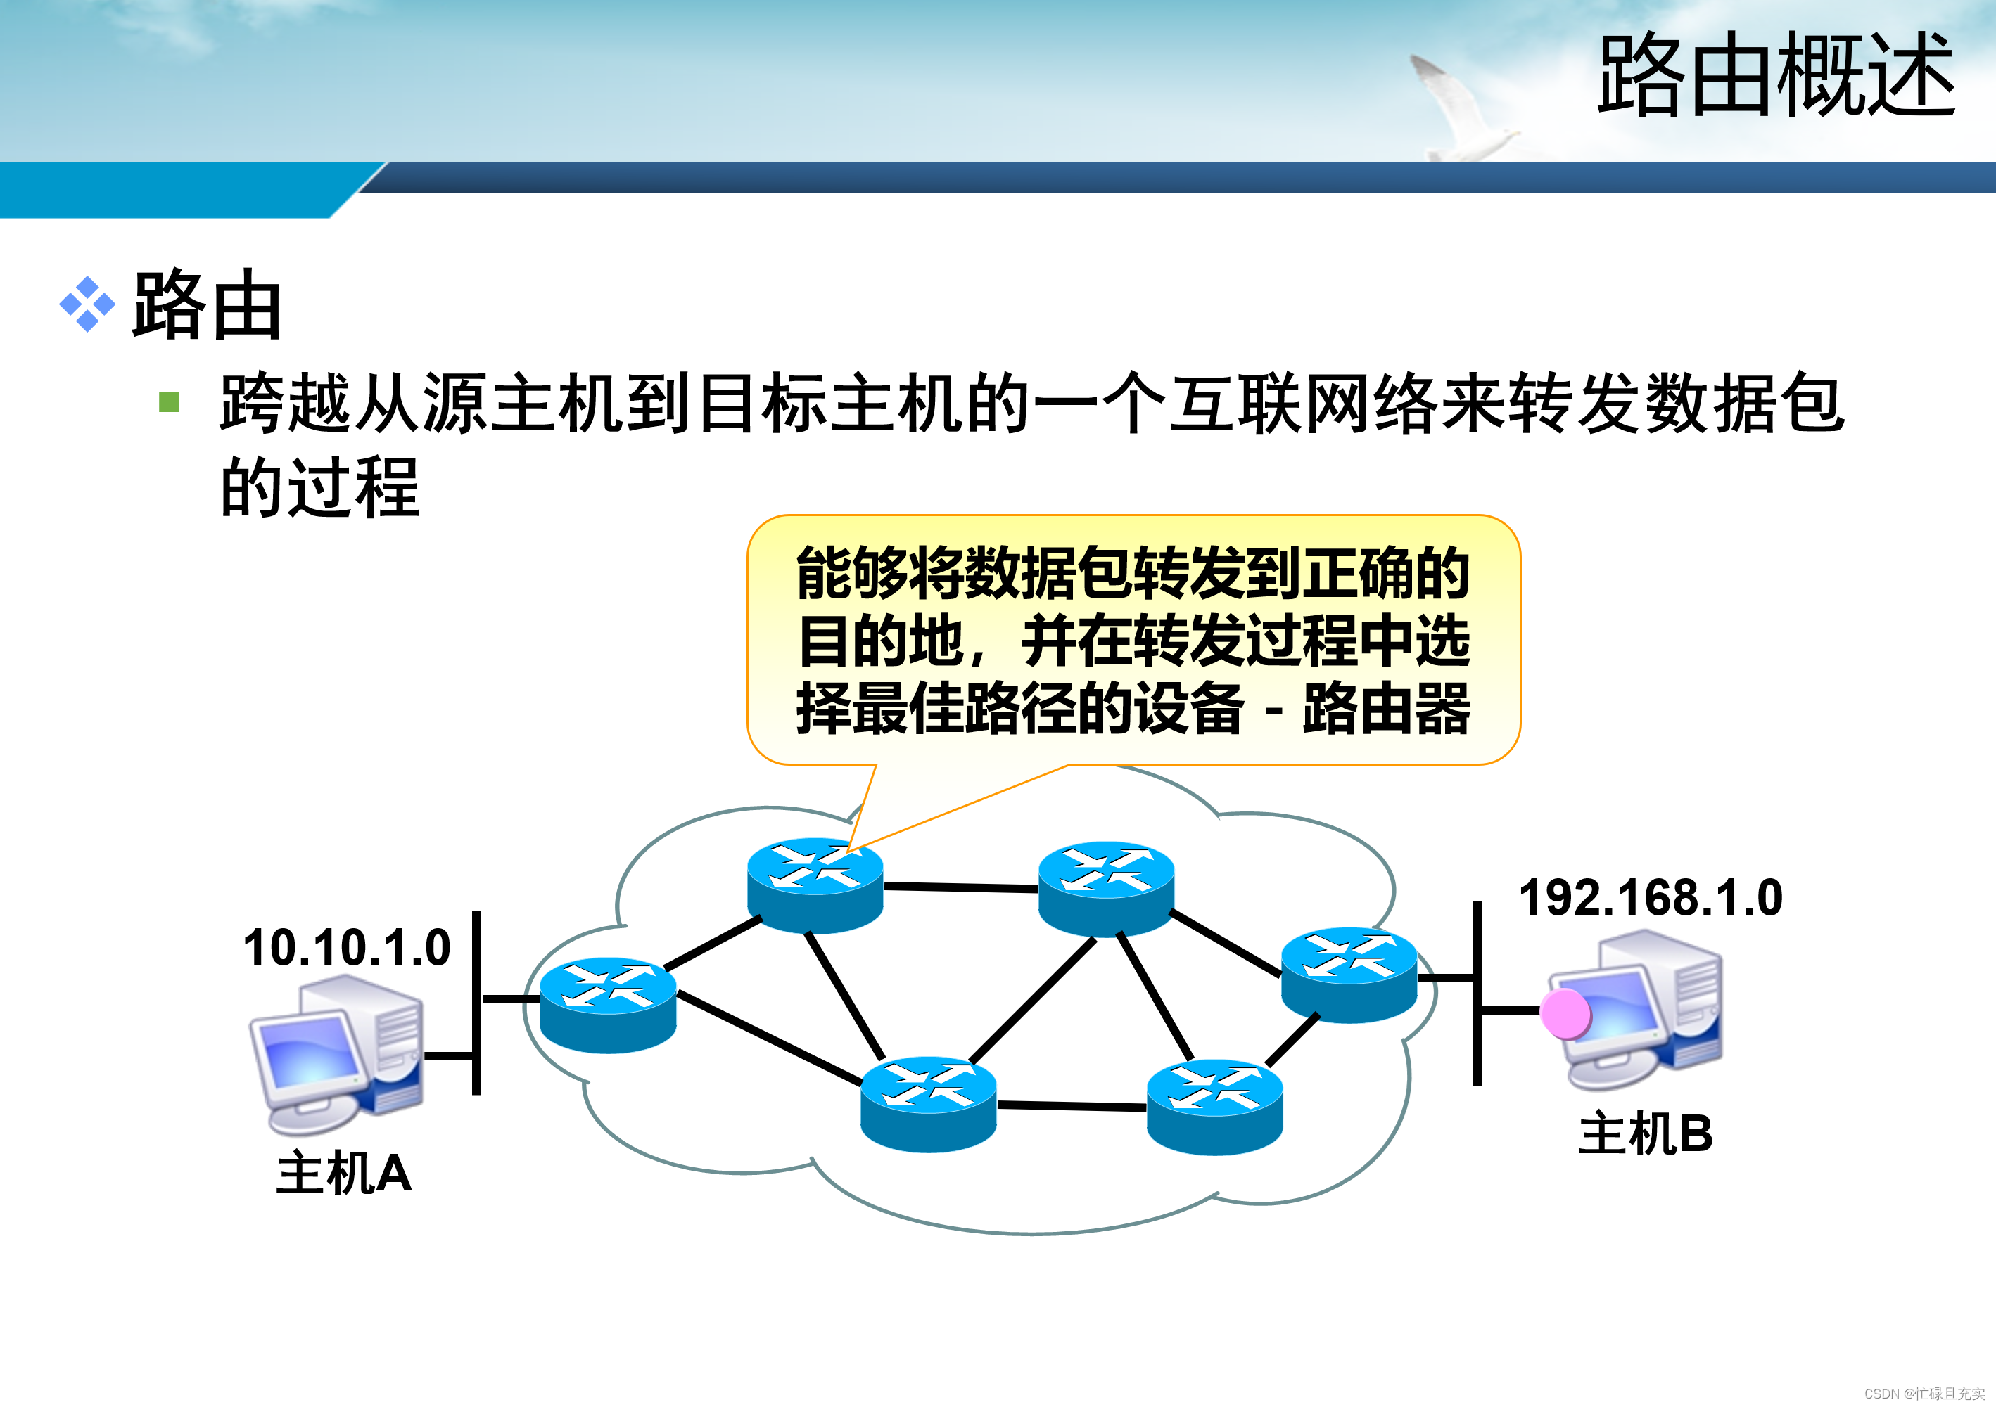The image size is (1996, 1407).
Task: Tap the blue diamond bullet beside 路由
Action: (87, 304)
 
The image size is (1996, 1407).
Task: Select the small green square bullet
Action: (169, 401)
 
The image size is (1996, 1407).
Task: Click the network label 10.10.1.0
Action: (346, 947)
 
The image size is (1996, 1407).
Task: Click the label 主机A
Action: (343, 1174)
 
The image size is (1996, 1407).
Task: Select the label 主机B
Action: (1645, 1133)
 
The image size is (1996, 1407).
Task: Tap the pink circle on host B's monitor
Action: (1565, 1013)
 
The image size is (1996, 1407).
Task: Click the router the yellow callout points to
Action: (815, 885)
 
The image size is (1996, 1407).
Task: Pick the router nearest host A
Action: (608, 1005)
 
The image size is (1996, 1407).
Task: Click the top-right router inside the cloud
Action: (1106, 888)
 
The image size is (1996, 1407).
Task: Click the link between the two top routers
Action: (960, 887)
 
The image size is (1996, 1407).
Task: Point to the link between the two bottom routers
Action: (1071, 1106)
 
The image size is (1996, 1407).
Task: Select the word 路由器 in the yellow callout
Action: (1386, 708)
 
